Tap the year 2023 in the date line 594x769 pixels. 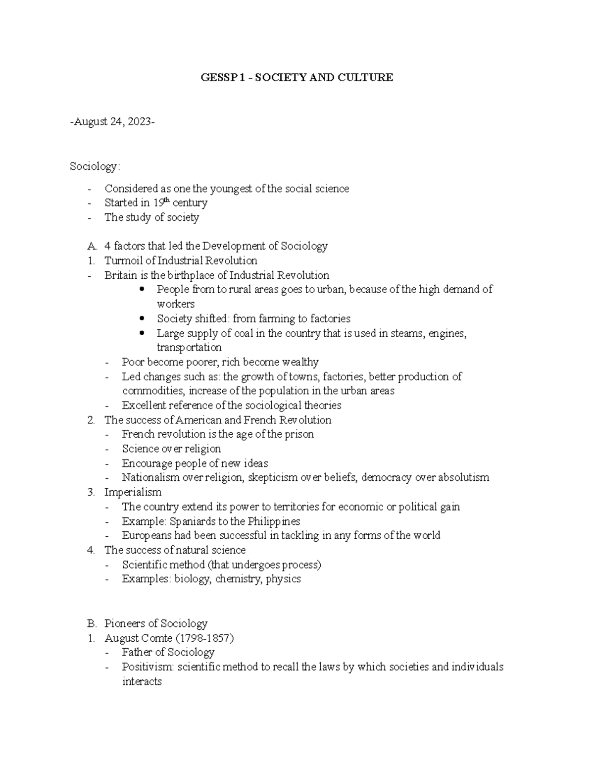(x=139, y=122)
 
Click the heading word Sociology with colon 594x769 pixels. (x=95, y=166)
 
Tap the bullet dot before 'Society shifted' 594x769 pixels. (x=143, y=318)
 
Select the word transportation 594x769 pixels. (x=189, y=347)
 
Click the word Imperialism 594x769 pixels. (x=133, y=492)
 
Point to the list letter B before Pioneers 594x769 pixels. (x=90, y=623)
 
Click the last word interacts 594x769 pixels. (x=142, y=681)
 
